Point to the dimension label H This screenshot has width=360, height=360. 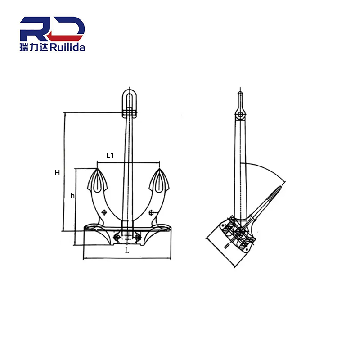(57, 172)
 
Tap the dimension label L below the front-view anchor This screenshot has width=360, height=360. (127, 252)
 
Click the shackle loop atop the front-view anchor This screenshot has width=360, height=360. (129, 99)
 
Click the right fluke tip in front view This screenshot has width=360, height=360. (159, 171)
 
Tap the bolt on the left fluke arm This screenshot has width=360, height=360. (105, 213)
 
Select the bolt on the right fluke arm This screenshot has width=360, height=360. (152, 213)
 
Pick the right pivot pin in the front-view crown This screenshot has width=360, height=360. (135, 235)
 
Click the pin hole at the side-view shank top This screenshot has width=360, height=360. (241, 114)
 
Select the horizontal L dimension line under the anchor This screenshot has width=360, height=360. (127, 259)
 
